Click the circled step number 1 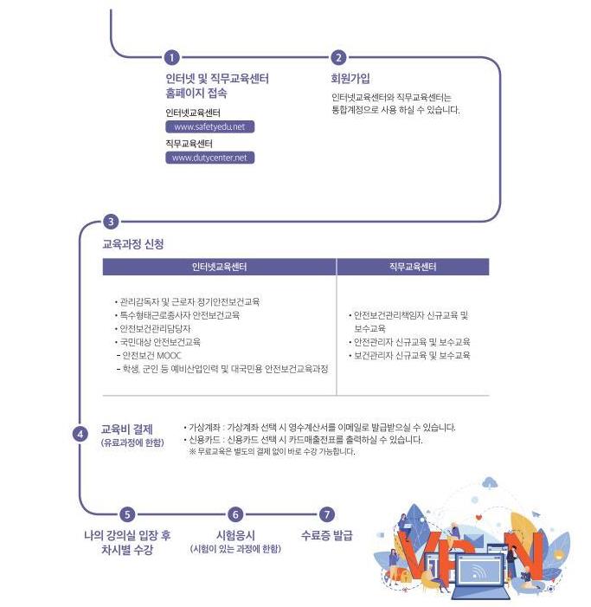click(x=171, y=58)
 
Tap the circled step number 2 click(x=338, y=58)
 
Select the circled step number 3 click(x=110, y=222)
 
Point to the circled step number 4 click(x=80, y=434)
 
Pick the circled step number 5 click(x=127, y=514)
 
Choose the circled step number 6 click(x=235, y=514)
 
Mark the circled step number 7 click(x=326, y=514)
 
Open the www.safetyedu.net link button click(x=209, y=126)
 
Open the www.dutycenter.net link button click(x=209, y=158)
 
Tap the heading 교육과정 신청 click(x=133, y=244)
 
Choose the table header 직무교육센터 click(x=413, y=267)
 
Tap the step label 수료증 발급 click(x=327, y=535)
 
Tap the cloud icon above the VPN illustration click(x=491, y=481)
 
